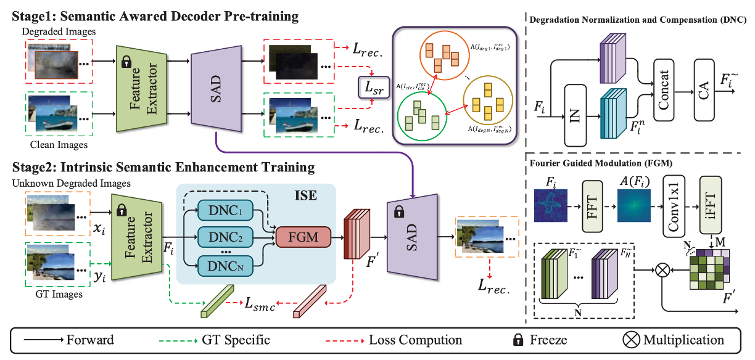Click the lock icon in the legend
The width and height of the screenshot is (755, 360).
tap(522, 339)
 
